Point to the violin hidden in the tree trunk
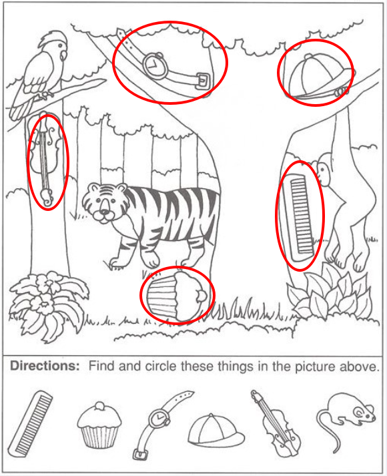(46, 161)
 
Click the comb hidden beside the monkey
(300, 216)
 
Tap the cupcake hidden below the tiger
(177, 295)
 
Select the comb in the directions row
(30, 423)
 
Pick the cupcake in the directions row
(99, 425)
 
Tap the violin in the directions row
(276, 423)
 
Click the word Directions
(45, 366)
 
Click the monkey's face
(323, 174)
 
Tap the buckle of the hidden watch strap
(203, 81)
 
